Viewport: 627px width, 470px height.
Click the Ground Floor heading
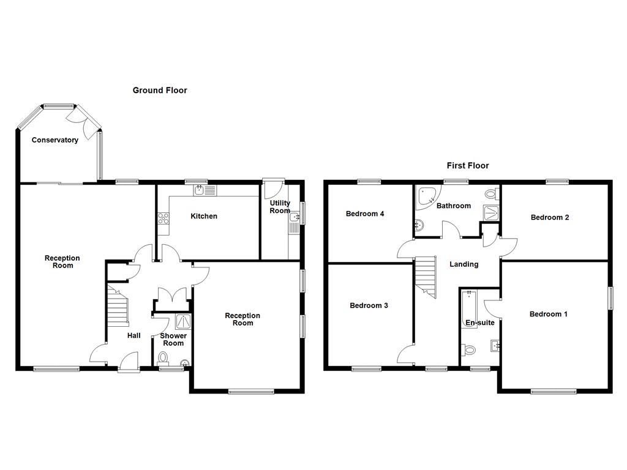[x=160, y=91]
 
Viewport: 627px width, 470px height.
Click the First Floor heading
[x=468, y=165]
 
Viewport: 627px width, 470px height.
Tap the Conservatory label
[x=55, y=140]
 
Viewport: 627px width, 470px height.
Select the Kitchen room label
[x=204, y=216]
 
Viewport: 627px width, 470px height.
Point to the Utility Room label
[x=280, y=207]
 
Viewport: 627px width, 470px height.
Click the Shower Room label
[x=173, y=340]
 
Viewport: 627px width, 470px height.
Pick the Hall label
[x=134, y=335]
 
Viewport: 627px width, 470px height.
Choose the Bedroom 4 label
[x=365, y=214]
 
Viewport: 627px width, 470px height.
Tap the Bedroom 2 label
[x=550, y=217]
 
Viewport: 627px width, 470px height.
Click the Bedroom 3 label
[x=369, y=305]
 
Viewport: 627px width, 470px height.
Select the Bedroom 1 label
[x=548, y=314]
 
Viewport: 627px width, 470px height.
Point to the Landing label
[x=464, y=264]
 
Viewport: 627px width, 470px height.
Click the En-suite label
[x=480, y=323]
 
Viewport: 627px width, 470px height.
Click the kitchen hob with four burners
[x=163, y=218]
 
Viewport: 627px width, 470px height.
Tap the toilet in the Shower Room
[x=163, y=357]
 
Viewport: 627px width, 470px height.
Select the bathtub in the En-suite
[x=470, y=308]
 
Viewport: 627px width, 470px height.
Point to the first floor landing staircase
[x=426, y=277]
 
